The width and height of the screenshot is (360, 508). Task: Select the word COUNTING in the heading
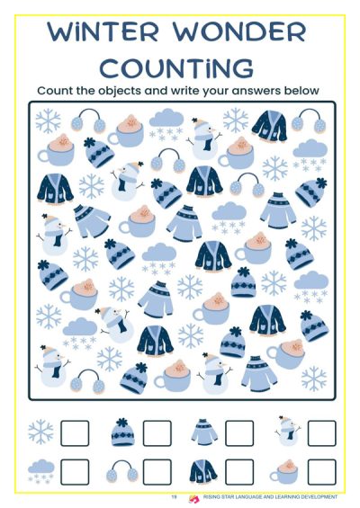coord(176,67)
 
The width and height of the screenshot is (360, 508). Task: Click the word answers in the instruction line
coord(256,91)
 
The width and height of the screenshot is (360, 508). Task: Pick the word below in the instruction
coord(301,90)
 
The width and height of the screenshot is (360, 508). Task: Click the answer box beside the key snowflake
coord(75,432)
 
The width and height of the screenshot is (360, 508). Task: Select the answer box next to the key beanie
coord(157,432)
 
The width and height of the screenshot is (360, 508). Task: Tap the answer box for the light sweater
coord(239,432)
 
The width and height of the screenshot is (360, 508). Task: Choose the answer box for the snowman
coord(321,432)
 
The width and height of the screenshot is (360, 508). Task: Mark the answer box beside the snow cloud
coord(75,472)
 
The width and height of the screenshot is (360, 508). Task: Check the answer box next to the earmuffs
coord(157,472)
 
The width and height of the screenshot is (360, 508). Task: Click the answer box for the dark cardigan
coord(239,472)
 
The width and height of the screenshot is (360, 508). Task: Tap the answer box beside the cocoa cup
coord(321,472)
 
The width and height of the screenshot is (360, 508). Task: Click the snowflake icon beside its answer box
coord(40,432)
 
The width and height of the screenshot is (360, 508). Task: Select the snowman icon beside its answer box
coord(288,431)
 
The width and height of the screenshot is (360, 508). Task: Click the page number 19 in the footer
coord(175,496)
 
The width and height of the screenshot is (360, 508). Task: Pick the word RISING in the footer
coord(211,496)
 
